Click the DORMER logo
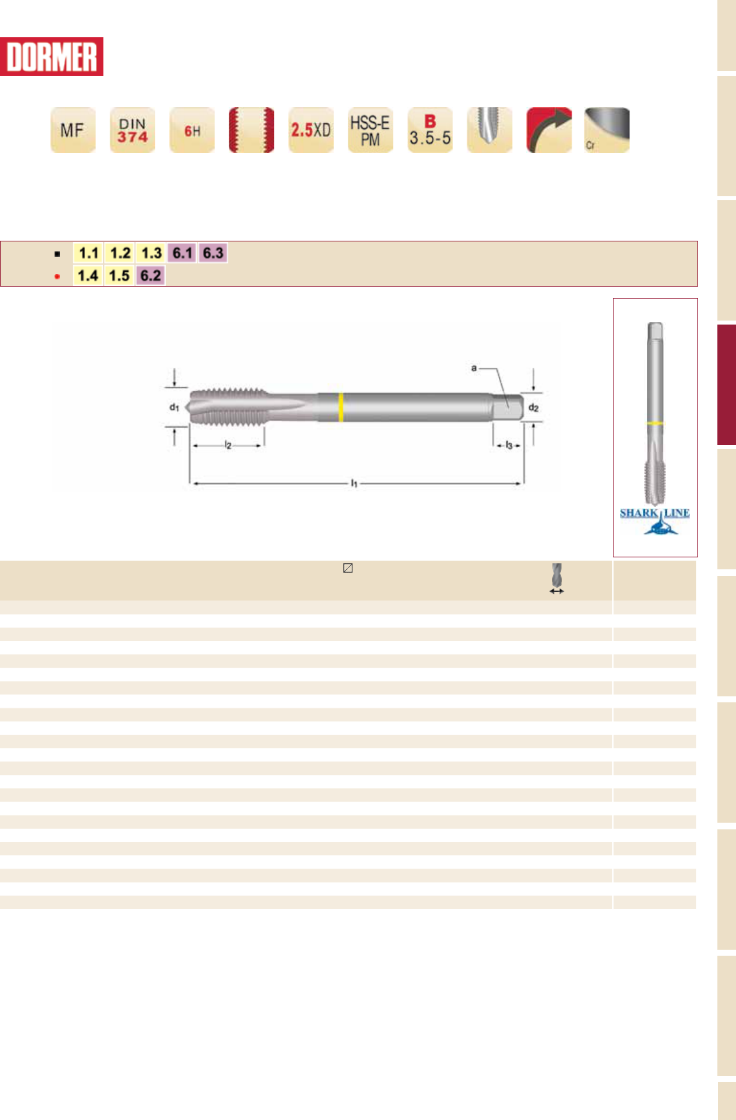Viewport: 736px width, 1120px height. tap(51, 57)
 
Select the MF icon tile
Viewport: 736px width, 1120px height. tap(73, 130)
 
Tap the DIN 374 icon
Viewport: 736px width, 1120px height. tap(132, 130)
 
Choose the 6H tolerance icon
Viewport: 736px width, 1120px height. tap(192, 130)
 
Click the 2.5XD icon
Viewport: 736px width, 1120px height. tap(311, 130)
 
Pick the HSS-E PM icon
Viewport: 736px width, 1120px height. tap(371, 130)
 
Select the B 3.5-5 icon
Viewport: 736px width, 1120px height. tap(431, 130)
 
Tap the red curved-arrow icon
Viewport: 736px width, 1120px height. tap(550, 130)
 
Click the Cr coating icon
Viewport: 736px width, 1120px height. tap(607, 130)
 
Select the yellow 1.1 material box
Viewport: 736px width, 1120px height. tap(89, 253)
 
